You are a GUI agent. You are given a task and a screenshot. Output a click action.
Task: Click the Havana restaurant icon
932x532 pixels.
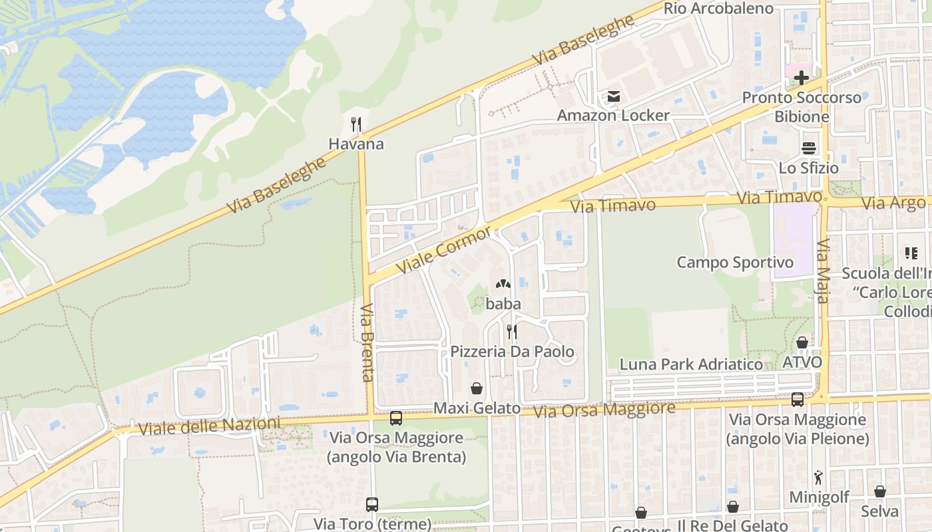click(x=356, y=124)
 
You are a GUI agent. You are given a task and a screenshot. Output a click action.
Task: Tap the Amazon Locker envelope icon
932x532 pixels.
click(x=613, y=97)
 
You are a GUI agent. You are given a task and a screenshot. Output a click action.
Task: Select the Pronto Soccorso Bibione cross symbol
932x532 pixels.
click(x=802, y=77)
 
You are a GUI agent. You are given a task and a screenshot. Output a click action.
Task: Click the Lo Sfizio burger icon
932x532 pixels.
click(x=809, y=148)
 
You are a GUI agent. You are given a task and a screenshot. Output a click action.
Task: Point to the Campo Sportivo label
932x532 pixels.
click(x=735, y=263)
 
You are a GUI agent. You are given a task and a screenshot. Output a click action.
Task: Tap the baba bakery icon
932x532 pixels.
click(x=503, y=284)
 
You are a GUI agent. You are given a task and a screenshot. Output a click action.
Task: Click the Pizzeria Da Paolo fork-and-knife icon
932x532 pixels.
click(x=511, y=331)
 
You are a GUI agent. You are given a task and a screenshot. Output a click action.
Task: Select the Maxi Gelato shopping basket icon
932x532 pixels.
click(x=477, y=388)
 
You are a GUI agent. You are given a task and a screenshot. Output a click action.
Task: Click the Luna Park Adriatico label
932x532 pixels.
click(x=691, y=364)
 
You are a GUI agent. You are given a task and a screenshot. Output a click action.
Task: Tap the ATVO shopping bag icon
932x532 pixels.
click(x=802, y=343)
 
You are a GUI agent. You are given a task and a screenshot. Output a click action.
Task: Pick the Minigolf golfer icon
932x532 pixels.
click(x=818, y=477)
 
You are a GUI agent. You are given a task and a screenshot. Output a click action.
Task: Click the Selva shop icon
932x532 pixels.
click(x=879, y=491)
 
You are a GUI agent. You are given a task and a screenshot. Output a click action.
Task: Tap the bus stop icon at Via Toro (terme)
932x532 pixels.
click(x=371, y=505)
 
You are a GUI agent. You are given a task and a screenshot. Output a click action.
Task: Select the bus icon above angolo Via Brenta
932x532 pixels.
click(x=395, y=418)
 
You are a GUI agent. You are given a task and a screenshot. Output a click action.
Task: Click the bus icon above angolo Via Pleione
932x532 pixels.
click(x=797, y=400)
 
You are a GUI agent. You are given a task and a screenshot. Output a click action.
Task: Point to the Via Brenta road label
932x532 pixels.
click(x=367, y=343)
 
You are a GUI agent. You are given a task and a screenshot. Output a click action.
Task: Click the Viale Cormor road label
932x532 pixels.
click(x=444, y=249)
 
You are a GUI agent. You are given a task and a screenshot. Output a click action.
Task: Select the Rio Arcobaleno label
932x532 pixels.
click(x=718, y=9)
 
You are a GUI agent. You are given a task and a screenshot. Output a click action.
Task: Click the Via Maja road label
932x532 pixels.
click(x=823, y=271)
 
